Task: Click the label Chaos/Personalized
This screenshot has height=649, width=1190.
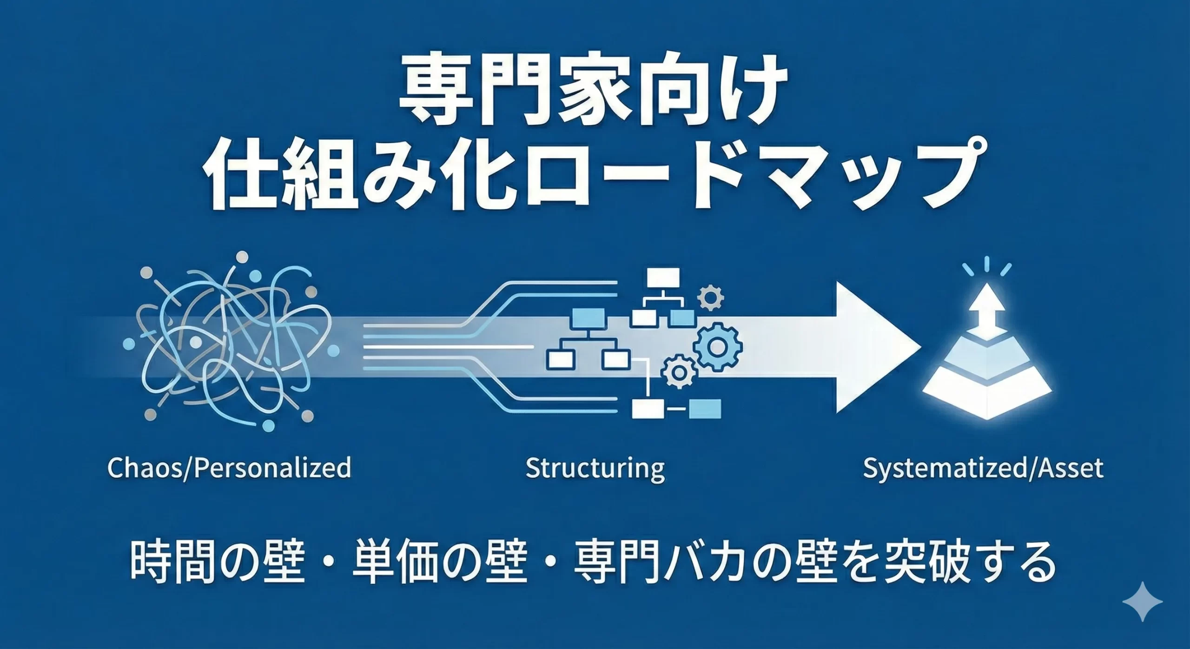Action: pyautogui.click(x=229, y=468)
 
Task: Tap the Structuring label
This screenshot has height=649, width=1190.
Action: pyautogui.click(x=595, y=468)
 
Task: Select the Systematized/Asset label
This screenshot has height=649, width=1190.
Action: pyautogui.click(x=983, y=468)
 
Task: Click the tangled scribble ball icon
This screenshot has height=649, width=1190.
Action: pyautogui.click(x=228, y=344)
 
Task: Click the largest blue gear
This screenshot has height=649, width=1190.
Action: pyautogui.click(x=717, y=346)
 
